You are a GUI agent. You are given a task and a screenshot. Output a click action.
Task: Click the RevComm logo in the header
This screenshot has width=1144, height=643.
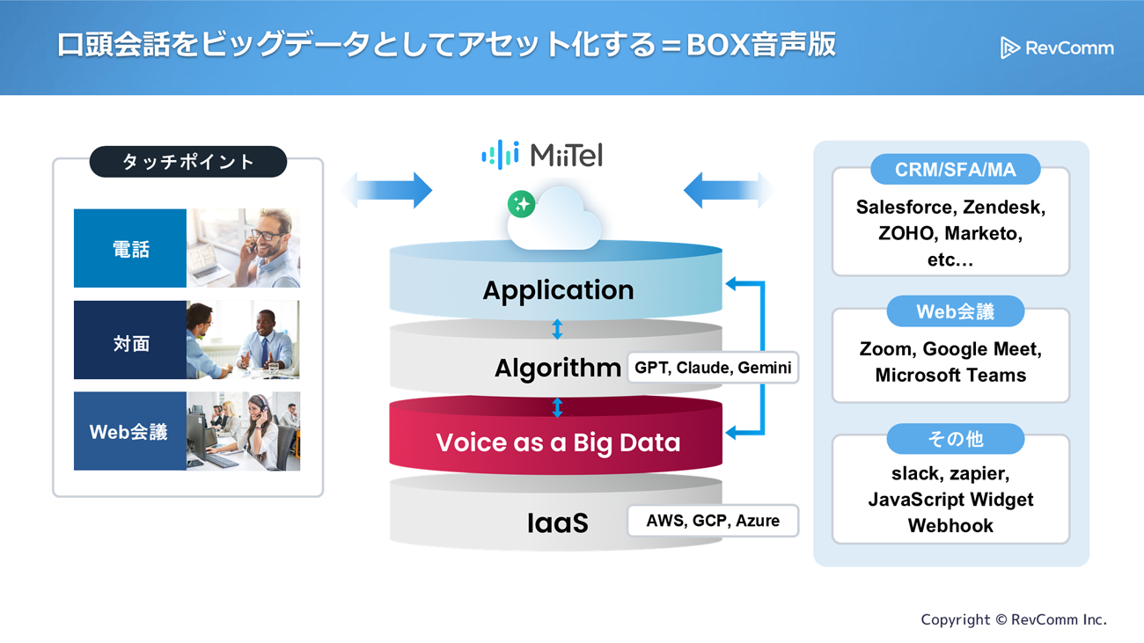click(1057, 47)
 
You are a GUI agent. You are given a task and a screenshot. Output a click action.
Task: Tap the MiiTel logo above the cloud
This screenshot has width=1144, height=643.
click(542, 155)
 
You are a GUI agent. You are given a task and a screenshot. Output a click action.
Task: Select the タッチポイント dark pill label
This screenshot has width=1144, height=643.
click(188, 162)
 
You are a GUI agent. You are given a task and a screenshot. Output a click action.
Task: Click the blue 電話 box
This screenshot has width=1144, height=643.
click(130, 249)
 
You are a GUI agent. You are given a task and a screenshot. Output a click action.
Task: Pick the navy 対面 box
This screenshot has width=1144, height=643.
click(130, 342)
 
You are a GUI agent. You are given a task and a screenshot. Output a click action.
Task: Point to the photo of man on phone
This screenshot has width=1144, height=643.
click(244, 248)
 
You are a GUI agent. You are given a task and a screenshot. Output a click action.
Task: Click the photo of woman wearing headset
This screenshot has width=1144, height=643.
click(244, 431)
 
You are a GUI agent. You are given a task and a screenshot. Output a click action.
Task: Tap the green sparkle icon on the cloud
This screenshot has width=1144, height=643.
click(521, 204)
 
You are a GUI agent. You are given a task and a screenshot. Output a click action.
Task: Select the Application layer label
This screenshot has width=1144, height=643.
click(558, 290)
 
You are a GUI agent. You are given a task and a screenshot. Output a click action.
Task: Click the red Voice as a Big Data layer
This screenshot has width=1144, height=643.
click(558, 442)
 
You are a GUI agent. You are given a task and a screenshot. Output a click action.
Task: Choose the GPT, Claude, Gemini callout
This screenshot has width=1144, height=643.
click(712, 368)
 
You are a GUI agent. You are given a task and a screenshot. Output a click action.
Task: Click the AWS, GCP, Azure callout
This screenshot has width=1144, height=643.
click(712, 521)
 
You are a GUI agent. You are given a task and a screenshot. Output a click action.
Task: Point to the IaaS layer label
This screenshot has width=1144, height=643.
click(557, 523)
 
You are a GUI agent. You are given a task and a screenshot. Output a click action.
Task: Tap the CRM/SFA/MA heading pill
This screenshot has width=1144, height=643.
click(955, 170)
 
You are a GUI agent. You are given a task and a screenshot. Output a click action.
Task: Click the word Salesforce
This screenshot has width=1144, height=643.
click(905, 208)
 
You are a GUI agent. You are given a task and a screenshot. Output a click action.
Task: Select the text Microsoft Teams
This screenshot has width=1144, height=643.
click(950, 376)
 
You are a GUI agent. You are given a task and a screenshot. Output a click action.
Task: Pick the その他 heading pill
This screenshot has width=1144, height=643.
click(955, 439)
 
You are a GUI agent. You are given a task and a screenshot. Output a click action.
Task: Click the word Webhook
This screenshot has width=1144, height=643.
click(950, 526)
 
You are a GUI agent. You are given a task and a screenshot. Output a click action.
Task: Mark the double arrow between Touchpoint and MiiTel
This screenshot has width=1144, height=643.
click(387, 190)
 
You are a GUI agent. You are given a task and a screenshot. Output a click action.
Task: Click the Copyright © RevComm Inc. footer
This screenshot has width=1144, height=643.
click(1014, 620)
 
